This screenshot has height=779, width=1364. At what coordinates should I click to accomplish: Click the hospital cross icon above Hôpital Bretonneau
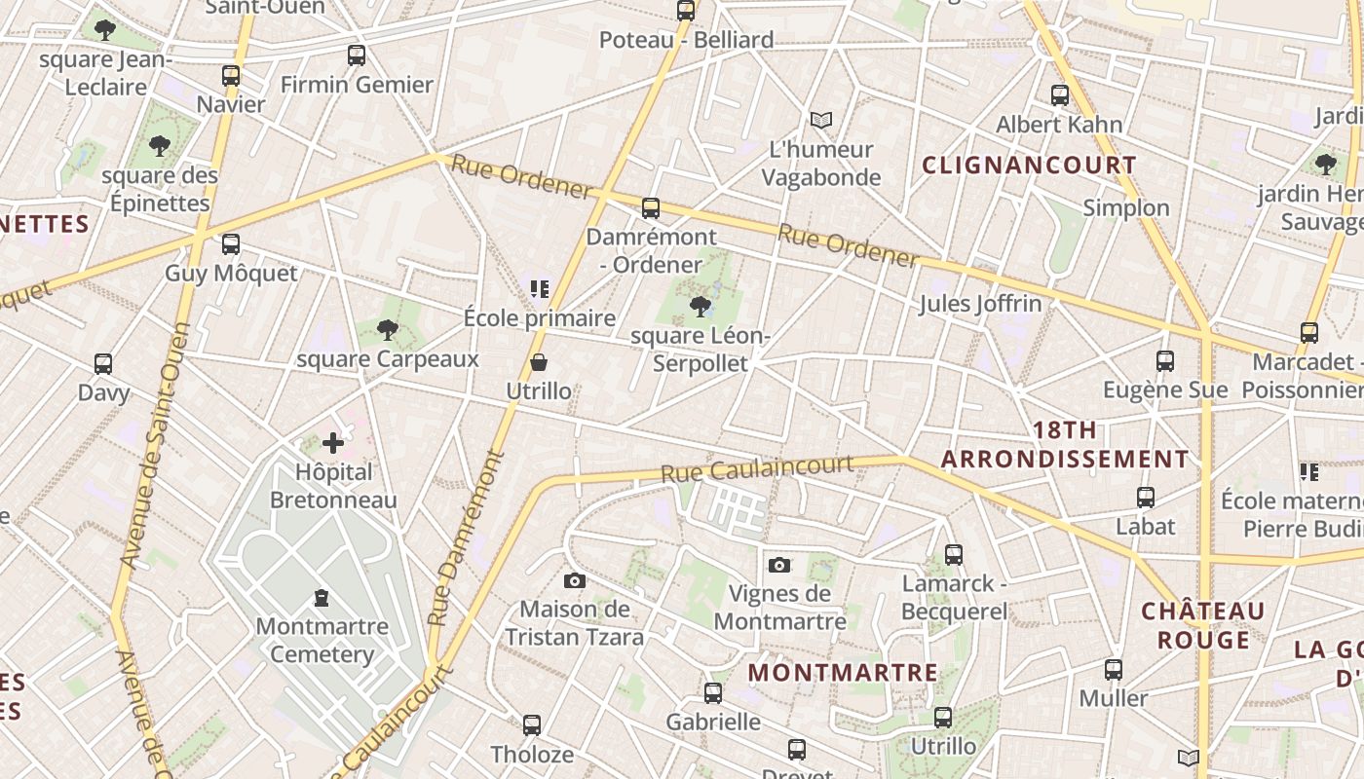(x=333, y=443)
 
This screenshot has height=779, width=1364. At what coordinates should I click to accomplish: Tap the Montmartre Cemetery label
(x=322, y=640)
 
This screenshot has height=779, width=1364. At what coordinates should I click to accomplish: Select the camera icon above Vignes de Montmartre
(x=779, y=565)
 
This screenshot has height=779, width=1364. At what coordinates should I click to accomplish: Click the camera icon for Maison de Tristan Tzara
(x=575, y=580)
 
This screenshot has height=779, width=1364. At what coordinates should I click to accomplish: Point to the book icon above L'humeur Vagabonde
(x=821, y=120)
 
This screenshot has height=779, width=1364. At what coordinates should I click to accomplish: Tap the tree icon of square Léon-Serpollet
(x=700, y=308)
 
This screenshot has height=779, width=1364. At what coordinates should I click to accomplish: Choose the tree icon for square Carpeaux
(x=388, y=330)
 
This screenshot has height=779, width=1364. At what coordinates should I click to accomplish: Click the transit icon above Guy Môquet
(x=231, y=244)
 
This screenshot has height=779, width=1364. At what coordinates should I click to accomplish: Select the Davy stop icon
(x=103, y=364)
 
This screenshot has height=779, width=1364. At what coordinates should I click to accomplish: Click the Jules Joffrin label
(x=980, y=304)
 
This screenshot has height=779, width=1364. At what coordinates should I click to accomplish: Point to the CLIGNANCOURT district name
(x=1029, y=166)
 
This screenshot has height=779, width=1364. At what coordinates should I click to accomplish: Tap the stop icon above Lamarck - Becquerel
(x=954, y=555)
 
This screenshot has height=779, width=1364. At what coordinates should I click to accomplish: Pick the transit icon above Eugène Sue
(x=1164, y=361)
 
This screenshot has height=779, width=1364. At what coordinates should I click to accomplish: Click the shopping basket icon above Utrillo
(x=539, y=362)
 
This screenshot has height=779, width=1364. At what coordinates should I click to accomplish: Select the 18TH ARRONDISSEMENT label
(x=1064, y=445)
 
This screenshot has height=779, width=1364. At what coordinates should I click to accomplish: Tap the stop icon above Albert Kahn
(x=1060, y=95)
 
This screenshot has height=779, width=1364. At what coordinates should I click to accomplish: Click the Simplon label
(x=1126, y=207)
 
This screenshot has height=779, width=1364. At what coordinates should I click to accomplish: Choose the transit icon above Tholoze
(x=532, y=725)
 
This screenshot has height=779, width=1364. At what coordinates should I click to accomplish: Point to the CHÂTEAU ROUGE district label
(x=1202, y=625)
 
